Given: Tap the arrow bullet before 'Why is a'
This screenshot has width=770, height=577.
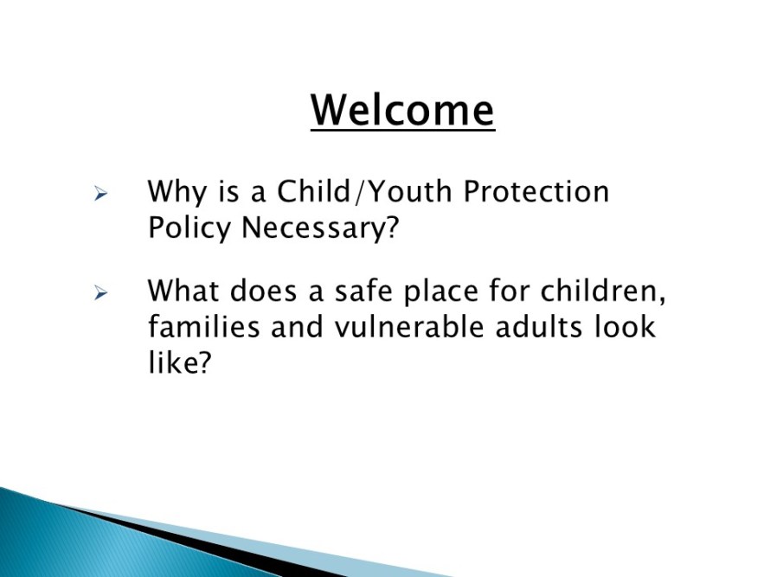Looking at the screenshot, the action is [100, 194].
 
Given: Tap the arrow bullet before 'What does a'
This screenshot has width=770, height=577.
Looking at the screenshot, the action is [100, 293].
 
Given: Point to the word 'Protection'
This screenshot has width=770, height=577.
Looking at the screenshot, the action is [536, 190].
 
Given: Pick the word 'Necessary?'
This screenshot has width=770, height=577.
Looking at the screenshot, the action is [320, 228].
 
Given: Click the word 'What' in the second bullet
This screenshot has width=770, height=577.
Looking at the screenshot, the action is [183, 290].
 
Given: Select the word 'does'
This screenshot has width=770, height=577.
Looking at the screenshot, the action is [263, 290].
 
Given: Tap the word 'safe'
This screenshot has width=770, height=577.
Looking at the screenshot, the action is [364, 290].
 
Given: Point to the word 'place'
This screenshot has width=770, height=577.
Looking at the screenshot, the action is [440, 292].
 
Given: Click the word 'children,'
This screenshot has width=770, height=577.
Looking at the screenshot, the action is [603, 292].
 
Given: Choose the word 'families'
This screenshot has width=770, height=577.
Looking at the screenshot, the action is [204, 326].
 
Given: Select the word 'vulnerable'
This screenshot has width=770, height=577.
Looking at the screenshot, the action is [409, 326].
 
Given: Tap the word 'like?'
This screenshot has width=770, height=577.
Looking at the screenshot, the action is [179, 362].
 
